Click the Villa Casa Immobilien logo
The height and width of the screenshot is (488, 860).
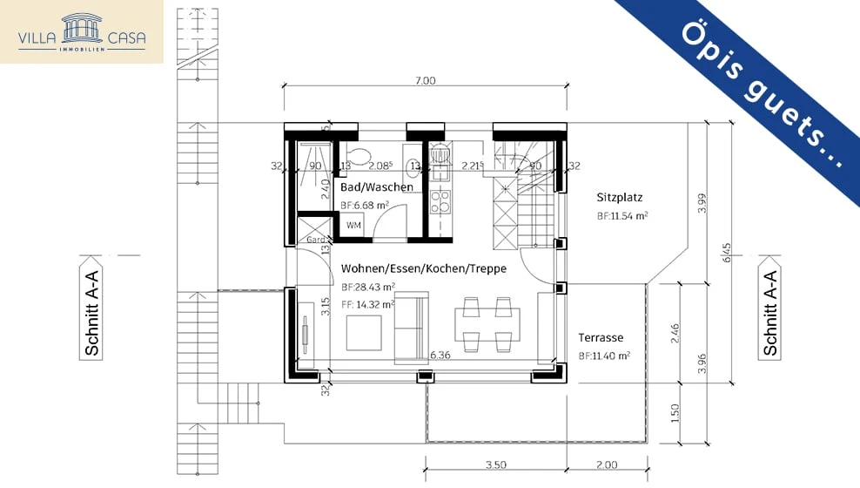pyautogui.click(x=82, y=31)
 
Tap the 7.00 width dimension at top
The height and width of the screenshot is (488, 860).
pyautogui.click(x=425, y=81)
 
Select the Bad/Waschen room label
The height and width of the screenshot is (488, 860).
pyautogui.click(x=376, y=187)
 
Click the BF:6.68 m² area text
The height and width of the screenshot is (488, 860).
pyautogui.click(x=364, y=206)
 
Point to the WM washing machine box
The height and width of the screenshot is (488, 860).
pyautogui.click(x=353, y=226)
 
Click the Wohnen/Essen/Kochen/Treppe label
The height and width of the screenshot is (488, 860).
pyautogui.click(x=423, y=268)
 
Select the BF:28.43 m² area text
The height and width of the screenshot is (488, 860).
pyautogui.click(x=368, y=287)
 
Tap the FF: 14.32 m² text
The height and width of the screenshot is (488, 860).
pyautogui.click(x=368, y=305)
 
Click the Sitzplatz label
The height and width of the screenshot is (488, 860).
pyautogui.click(x=619, y=197)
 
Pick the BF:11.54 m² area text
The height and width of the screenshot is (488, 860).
pyautogui.click(x=621, y=215)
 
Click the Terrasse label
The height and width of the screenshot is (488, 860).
pyautogui.click(x=601, y=337)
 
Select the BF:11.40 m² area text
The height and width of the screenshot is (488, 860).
pyautogui.click(x=603, y=356)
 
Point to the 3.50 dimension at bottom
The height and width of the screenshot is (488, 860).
pyautogui.click(x=495, y=465)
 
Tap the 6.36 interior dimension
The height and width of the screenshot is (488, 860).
pyautogui.click(x=440, y=356)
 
